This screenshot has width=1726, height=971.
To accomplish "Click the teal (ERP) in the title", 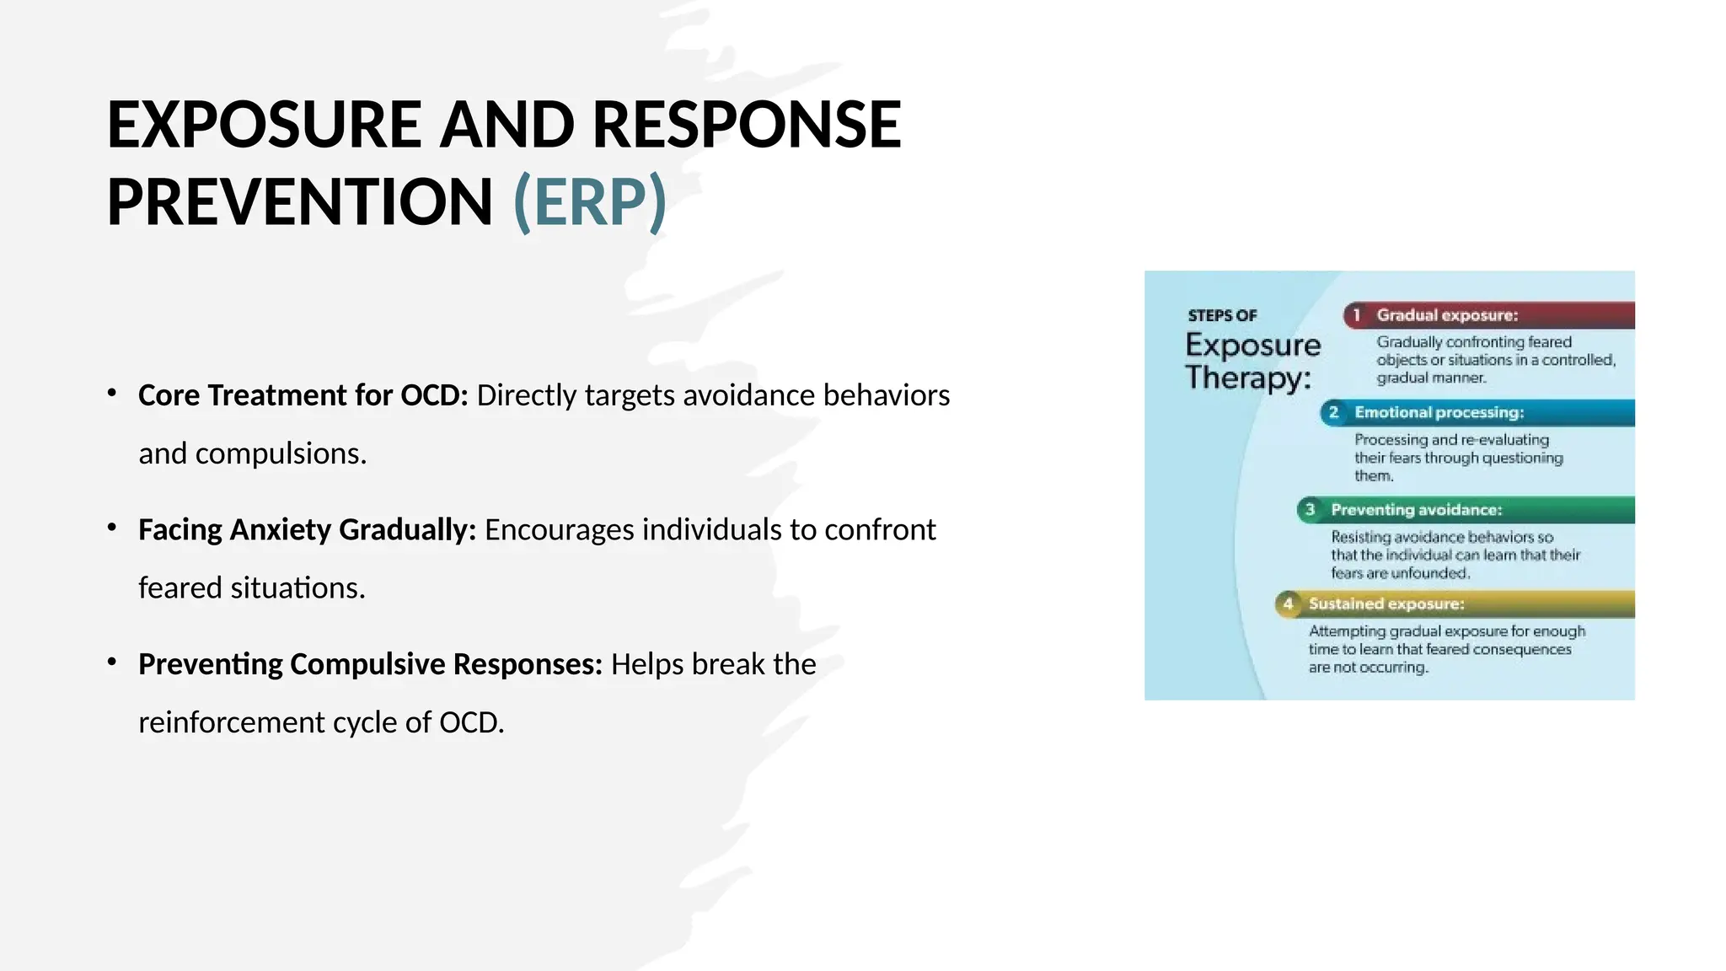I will click(x=590, y=202).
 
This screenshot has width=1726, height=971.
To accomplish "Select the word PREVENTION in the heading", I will click(x=299, y=202).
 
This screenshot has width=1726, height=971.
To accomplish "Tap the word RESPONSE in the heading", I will click(x=747, y=125).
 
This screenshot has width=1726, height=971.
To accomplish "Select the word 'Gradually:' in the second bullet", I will click(x=407, y=530).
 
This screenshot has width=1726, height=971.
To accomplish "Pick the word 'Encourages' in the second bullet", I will click(x=559, y=530).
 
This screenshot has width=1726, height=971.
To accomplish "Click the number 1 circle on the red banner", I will click(x=1357, y=315).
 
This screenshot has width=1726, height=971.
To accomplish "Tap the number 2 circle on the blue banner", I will click(x=1333, y=412).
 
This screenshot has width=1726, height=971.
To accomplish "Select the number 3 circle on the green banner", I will click(x=1310, y=510).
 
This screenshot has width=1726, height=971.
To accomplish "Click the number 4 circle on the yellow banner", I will click(x=1288, y=604).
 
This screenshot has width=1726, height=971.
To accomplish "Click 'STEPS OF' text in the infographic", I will click(x=1222, y=316).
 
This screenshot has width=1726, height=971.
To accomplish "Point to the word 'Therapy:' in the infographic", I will click(x=1248, y=378).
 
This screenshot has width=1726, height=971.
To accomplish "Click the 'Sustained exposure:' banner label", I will click(x=1386, y=604).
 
